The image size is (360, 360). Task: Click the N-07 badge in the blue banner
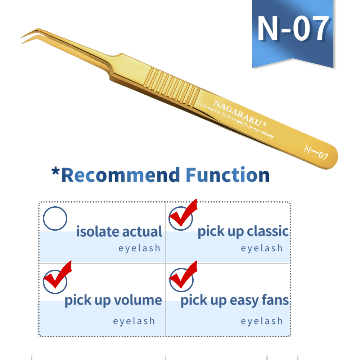(x=293, y=29)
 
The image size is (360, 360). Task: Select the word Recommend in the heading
(x=120, y=175)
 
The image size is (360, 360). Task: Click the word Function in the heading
(x=228, y=175)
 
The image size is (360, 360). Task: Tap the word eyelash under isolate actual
(x=139, y=248)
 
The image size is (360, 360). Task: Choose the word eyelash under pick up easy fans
(x=262, y=321)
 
